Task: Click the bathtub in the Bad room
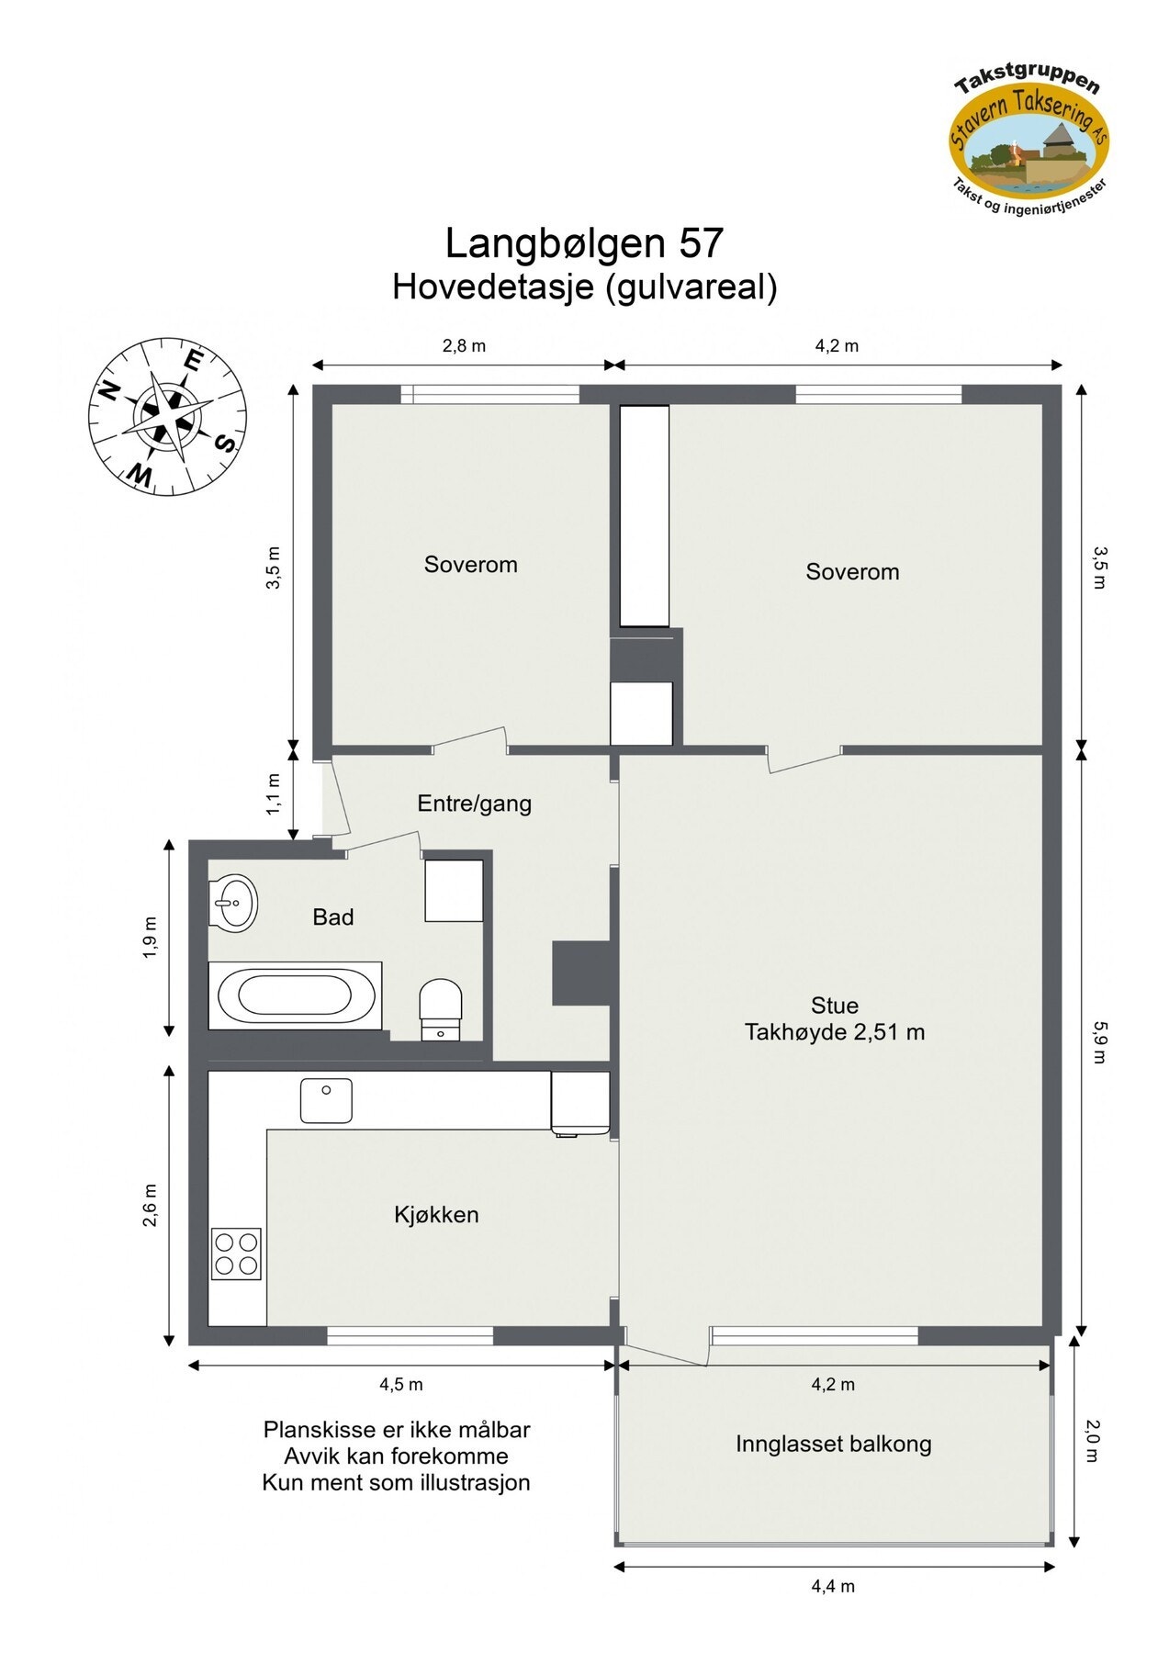[295, 995]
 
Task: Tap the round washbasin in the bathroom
[232, 903]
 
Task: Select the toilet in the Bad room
[441, 1007]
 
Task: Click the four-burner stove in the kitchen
[236, 1254]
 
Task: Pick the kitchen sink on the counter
[326, 1100]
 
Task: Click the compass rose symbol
[168, 416]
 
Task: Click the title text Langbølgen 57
[584, 243]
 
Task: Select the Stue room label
[834, 1005]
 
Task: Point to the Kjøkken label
[436, 1215]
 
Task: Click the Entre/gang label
[474, 804]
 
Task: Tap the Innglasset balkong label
[833, 1444]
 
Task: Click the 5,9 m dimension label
[1099, 1043]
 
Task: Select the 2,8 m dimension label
[464, 346]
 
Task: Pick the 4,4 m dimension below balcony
[833, 1586]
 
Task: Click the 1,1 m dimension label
[274, 794]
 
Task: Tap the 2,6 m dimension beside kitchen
[151, 1205]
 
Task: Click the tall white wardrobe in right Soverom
[644, 516]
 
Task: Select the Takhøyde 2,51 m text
[834, 1032]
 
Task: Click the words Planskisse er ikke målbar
[396, 1430]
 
